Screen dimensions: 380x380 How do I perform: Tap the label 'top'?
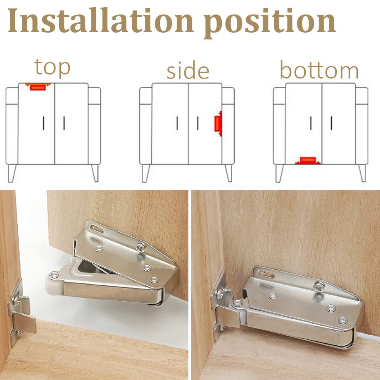click(52, 67)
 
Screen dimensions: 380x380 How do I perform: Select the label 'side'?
click(188, 71)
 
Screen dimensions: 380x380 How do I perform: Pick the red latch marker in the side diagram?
click(218, 125)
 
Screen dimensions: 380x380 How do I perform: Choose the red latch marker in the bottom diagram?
click(308, 161)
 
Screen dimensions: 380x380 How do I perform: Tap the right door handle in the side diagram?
click(198, 123)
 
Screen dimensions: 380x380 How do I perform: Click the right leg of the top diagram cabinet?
click(95, 173)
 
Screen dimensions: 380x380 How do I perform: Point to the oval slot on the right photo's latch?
click(267, 275)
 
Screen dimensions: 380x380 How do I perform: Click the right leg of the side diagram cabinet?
click(228, 173)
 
